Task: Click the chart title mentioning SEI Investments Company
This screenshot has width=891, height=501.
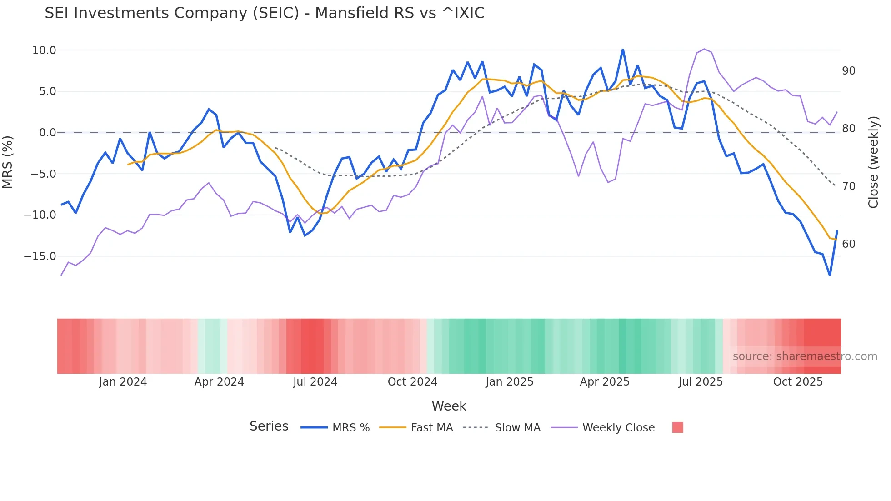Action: click(265, 13)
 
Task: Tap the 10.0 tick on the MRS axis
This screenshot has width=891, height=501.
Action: click(44, 50)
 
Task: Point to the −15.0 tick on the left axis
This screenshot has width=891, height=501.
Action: click(40, 256)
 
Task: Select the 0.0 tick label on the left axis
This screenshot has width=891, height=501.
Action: click(47, 133)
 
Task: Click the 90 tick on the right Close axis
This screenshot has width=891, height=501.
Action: click(848, 71)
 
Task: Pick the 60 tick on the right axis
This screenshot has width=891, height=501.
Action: click(848, 244)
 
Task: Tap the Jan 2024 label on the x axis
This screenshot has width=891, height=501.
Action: click(123, 382)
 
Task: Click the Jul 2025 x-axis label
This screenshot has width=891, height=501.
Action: click(701, 382)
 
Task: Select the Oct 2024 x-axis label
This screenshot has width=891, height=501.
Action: click(412, 382)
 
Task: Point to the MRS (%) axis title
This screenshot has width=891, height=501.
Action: click(8, 162)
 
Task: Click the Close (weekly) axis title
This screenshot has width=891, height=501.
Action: click(873, 162)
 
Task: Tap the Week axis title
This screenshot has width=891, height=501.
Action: click(449, 406)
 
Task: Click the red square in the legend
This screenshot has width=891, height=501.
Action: click(677, 427)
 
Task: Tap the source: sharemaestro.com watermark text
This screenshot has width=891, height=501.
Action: click(805, 356)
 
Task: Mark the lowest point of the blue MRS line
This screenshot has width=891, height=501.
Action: click(830, 275)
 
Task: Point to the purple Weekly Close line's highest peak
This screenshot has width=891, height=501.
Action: click(704, 49)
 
